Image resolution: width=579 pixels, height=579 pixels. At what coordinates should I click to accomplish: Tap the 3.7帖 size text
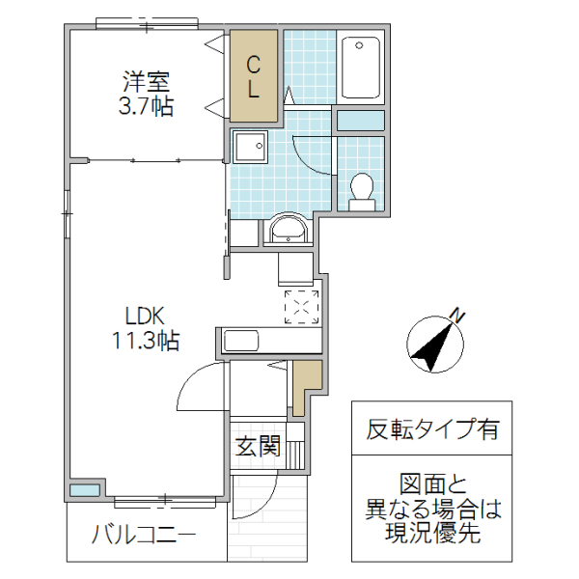point(146,106)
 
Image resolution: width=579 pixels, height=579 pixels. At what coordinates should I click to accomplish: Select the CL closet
point(254,77)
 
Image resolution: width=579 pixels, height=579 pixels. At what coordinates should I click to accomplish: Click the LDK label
point(147,316)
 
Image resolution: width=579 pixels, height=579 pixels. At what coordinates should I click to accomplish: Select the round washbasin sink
point(287,230)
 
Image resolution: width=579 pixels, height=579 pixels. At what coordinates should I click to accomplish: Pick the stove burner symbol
point(301,306)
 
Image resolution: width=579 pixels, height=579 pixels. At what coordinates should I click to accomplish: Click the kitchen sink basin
point(241,341)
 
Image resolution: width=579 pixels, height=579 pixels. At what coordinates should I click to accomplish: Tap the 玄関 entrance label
point(258,447)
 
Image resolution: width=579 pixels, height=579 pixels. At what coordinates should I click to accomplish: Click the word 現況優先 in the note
point(431,534)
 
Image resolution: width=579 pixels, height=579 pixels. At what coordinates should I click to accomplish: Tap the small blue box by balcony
point(84,489)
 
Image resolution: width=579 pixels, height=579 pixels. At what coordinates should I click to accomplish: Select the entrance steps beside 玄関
point(295,448)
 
